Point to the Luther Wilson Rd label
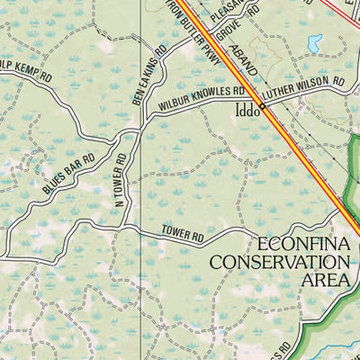303,87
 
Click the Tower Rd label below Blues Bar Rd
183,234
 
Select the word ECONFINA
301,244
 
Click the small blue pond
314,42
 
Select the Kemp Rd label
27,71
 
